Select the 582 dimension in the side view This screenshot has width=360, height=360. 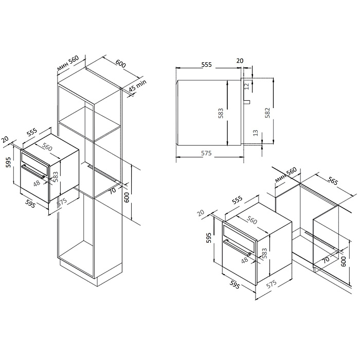pyautogui.click(x=267, y=113)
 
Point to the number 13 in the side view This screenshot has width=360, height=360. pyautogui.click(x=255, y=133)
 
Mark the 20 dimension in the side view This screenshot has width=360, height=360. pyautogui.click(x=239, y=61)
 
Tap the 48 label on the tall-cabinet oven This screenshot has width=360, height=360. pyautogui.click(x=37, y=183)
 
